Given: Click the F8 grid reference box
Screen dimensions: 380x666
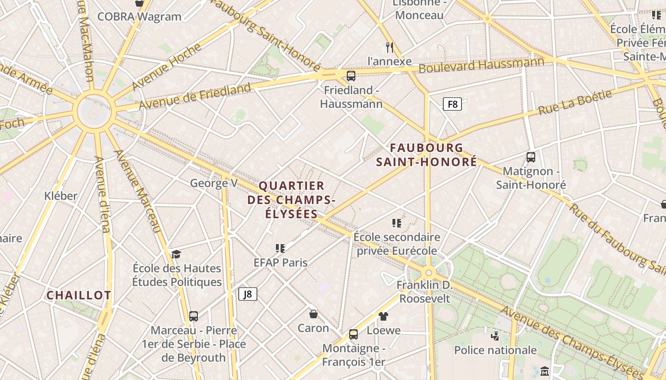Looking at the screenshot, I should [452, 104].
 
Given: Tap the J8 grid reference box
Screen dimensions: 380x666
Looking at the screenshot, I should [247, 294].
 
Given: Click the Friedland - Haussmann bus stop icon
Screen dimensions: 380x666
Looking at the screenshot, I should [351, 76].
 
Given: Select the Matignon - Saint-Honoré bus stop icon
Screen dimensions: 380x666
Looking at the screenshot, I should [531, 157].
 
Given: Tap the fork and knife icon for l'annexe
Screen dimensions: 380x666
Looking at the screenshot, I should [390, 47].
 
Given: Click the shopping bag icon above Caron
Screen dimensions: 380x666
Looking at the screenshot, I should [313, 313].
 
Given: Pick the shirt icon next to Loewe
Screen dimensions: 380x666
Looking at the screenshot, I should [383, 316].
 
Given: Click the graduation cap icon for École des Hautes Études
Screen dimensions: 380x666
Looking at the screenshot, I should [176, 254].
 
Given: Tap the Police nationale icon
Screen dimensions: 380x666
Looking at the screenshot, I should [495, 336].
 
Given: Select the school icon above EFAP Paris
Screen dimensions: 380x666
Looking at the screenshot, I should [280, 248].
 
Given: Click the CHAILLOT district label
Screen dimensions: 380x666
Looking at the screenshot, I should [78, 295].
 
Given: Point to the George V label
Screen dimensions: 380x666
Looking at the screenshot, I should [214, 183].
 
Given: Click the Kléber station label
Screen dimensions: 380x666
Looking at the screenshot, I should [60, 196].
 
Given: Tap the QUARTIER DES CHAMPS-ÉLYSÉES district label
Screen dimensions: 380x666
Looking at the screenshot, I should [291, 199].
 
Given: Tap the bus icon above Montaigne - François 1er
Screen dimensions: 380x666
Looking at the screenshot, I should [353, 334].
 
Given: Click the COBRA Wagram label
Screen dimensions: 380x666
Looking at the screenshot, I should [139, 17].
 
